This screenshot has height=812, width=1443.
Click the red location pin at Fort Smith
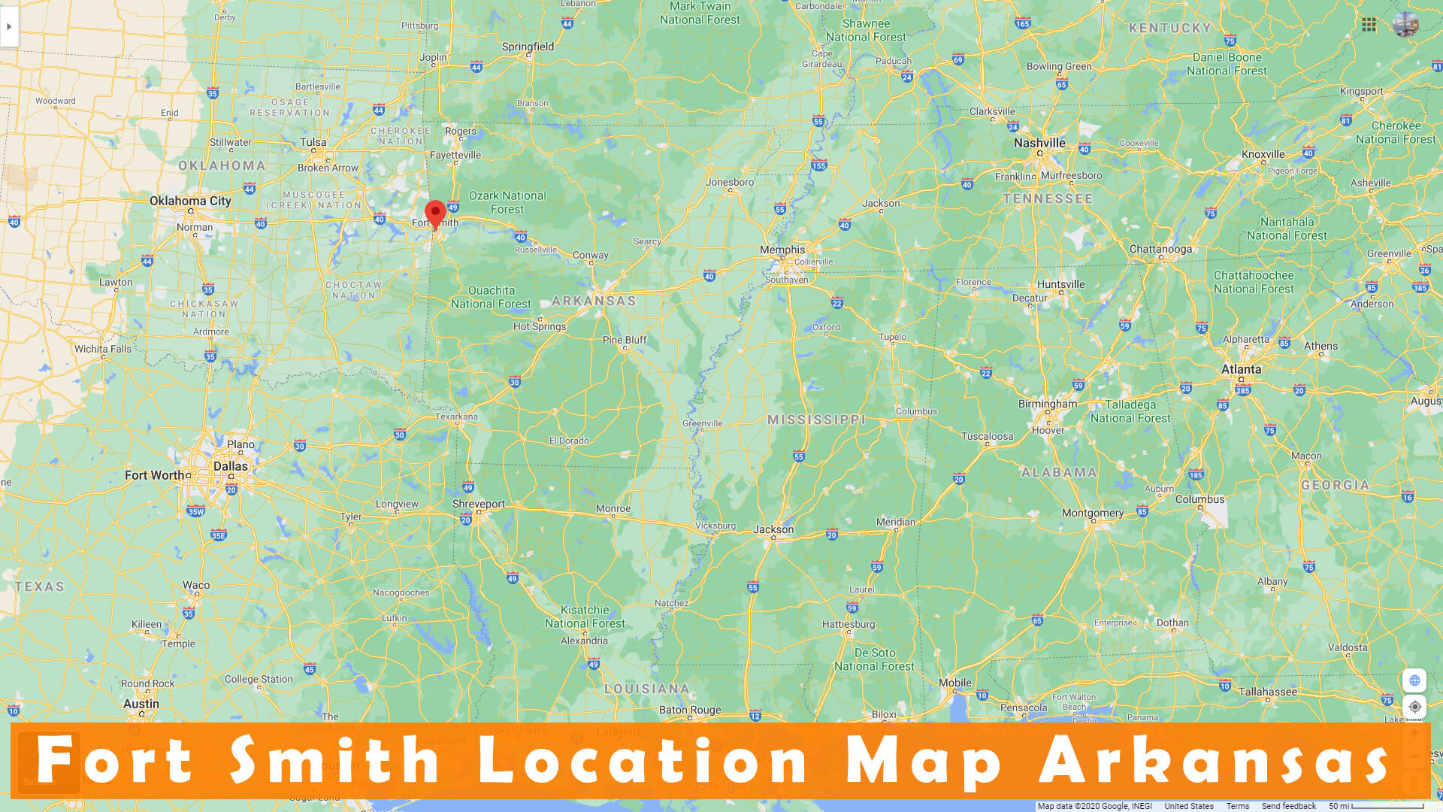click(x=435, y=214)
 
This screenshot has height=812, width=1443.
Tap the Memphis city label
click(x=782, y=250)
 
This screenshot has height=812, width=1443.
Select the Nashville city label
click(x=1039, y=143)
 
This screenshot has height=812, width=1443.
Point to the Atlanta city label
click(x=1241, y=369)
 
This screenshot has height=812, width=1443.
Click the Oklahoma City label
click(x=190, y=201)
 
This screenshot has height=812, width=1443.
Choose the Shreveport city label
click(x=479, y=504)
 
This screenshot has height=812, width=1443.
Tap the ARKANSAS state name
click(x=594, y=301)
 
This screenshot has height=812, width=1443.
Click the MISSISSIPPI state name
click(x=816, y=420)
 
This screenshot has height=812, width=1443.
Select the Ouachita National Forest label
click(x=491, y=297)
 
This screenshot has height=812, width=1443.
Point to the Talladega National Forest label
click(x=1130, y=411)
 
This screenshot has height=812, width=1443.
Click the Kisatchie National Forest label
click(x=585, y=617)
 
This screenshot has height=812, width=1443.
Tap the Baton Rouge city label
click(x=690, y=710)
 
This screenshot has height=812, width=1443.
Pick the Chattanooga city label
click(x=1160, y=249)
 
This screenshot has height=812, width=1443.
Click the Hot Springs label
click(x=540, y=326)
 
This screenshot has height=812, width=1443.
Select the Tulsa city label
click(x=313, y=142)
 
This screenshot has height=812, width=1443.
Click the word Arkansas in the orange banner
click(x=1214, y=760)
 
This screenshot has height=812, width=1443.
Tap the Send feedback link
click(x=1288, y=806)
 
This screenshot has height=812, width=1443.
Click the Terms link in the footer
click(x=1237, y=806)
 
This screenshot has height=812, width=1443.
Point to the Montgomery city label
click(x=1093, y=513)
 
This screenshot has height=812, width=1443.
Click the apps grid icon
click(x=1369, y=25)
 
